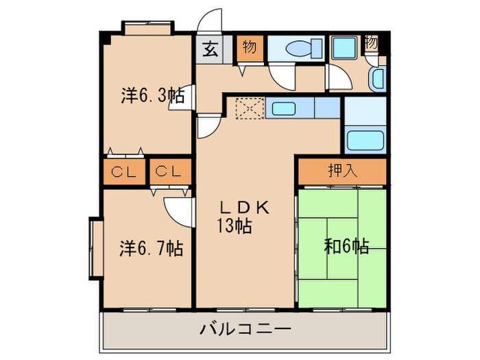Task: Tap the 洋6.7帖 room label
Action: coord(152,248)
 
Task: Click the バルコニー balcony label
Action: coord(245,330)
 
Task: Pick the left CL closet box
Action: coord(123,171)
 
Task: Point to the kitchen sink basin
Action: coord(280,108)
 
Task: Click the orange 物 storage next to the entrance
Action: coord(249,48)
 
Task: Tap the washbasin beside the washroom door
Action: coord(377,80)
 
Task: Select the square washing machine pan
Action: coord(343,48)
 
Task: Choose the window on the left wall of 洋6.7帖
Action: coord(95,248)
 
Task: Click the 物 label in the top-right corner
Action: coord(371,43)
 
